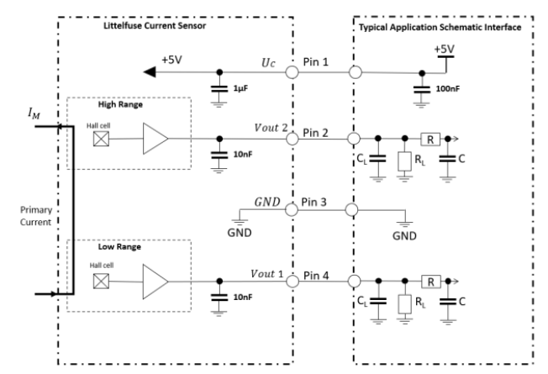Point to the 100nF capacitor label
point(447,88)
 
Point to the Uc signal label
point(267,63)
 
